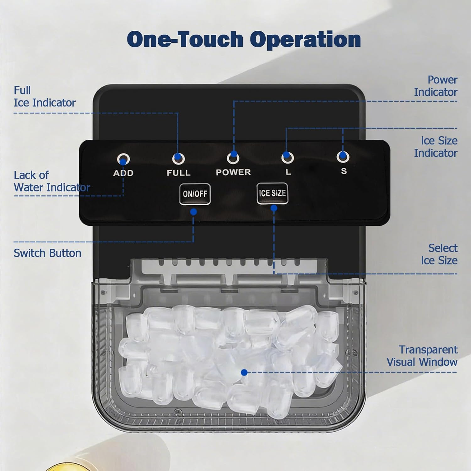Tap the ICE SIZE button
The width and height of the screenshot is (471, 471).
(272, 193)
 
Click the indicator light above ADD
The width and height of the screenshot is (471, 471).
(123, 159)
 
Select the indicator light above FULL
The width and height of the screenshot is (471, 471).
(178, 158)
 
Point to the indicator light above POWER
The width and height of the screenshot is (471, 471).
(233, 158)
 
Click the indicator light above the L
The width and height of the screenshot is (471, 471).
(287, 157)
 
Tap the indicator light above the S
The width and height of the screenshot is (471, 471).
(343, 157)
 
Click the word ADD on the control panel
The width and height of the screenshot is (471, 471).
(123, 173)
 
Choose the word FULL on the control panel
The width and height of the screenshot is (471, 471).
(178, 173)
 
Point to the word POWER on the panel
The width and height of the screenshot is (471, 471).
(233, 172)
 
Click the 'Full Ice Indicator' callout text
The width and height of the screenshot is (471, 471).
(45, 97)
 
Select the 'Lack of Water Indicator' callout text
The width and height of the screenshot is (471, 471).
(52, 181)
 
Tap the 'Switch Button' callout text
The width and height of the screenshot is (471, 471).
(47, 253)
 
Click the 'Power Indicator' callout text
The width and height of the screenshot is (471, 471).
(436, 86)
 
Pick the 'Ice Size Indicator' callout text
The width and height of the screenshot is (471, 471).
(436, 147)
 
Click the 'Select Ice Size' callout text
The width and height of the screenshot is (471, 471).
(439, 254)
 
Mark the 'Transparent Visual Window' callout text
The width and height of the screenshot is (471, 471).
(422, 356)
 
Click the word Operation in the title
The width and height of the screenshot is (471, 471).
(305, 40)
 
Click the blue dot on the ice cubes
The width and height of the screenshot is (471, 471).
(244, 372)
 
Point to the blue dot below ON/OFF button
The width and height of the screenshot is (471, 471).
(193, 212)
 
